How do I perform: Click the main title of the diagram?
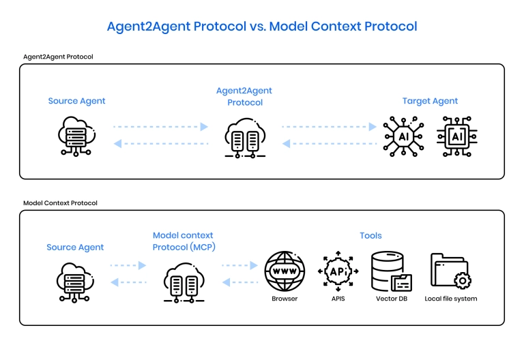[x=262, y=27]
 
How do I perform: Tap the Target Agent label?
[x=430, y=101]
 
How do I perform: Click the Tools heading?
[x=370, y=235]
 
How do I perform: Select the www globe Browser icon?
[x=285, y=271]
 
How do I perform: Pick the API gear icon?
[x=338, y=271]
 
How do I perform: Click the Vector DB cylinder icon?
[x=392, y=271]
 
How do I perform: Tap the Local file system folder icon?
[x=451, y=271]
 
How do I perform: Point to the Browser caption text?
[x=285, y=299]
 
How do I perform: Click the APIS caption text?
[x=338, y=299]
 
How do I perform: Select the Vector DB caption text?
[x=392, y=299]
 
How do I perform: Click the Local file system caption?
[x=451, y=299]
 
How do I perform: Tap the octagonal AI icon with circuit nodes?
[x=404, y=136]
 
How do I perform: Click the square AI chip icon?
[x=457, y=136]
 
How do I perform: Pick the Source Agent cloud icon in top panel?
[x=76, y=136]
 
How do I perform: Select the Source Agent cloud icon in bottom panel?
[x=75, y=283]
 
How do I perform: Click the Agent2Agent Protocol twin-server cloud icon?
[x=245, y=138]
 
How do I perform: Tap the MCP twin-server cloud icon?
[x=184, y=283]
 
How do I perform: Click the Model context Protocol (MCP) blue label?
[x=184, y=241]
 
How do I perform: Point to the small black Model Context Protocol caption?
[x=60, y=203]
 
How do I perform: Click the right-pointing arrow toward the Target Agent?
[x=329, y=127]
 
